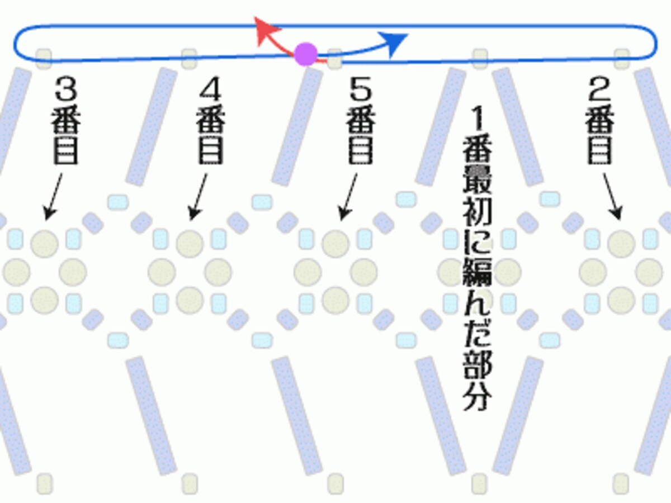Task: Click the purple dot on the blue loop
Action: point(306,54)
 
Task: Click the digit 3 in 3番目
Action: point(66,88)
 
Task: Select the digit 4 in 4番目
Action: point(210,88)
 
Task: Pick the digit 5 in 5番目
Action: point(361,88)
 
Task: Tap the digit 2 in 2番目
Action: point(599,88)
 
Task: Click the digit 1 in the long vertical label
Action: point(478,118)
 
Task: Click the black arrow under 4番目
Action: point(197,197)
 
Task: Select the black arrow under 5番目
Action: point(348,197)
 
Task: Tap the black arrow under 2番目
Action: point(612,197)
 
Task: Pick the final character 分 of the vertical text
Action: point(478,395)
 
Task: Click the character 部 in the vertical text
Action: point(478,364)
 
